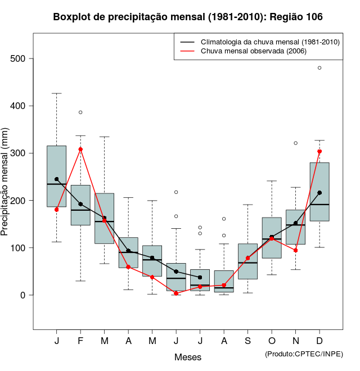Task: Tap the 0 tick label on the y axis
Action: pyautogui.click(x=26, y=295)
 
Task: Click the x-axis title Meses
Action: pyautogui.click(x=188, y=357)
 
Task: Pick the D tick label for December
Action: pyautogui.click(x=319, y=341)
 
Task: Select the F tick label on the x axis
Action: pyautogui.click(x=80, y=341)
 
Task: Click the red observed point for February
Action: pyautogui.click(x=80, y=149)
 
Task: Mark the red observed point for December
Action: pyautogui.click(x=319, y=151)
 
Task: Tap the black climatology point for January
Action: pyautogui.click(x=56, y=179)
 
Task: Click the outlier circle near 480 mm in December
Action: pyautogui.click(x=319, y=67)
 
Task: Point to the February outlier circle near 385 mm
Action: pyautogui.click(x=80, y=112)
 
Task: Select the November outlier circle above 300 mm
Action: pyautogui.click(x=295, y=143)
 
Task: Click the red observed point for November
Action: pyautogui.click(x=295, y=250)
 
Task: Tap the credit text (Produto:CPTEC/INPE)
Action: pyautogui.click(x=304, y=354)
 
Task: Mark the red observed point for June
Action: pyautogui.click(x=176, y=293)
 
